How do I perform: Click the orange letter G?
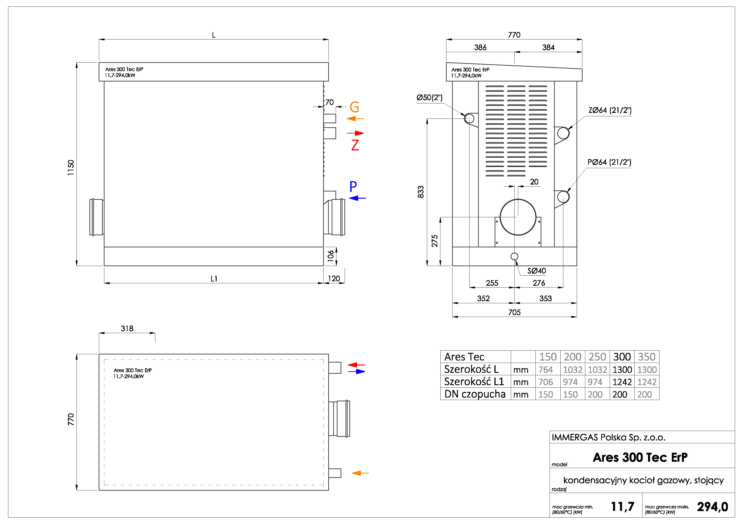click(354, 107)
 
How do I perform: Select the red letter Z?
click(355, 145)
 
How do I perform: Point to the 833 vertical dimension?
click(420, 192)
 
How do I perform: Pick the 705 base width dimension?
click(514, 312)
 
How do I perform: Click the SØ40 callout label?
click(536, 271)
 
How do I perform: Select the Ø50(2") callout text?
click(429, 97)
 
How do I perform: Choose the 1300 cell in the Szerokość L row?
click(622, 369)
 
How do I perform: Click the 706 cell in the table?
click(546, 382)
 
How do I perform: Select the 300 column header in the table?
click(622, 357)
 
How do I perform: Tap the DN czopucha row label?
click(475, 394)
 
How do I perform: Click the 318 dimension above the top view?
click(127, 328)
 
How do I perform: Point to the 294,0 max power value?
click(712, 507)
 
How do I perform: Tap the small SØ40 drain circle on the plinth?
click(514, 257)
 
